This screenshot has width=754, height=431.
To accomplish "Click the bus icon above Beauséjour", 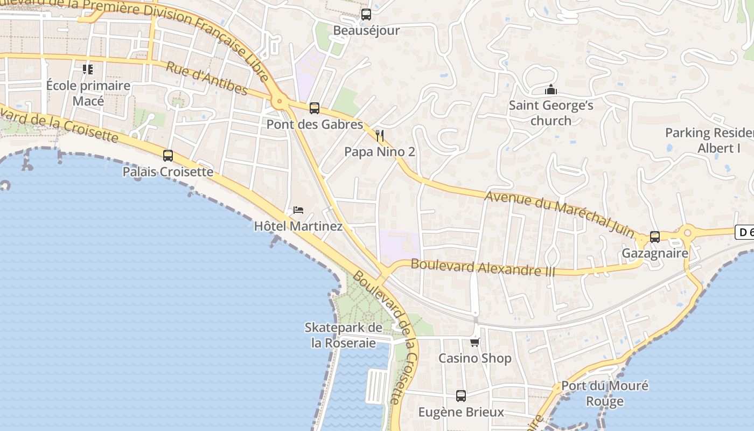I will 366,15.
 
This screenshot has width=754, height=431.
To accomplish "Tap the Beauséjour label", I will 366,31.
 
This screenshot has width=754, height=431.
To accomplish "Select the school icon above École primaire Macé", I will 87,69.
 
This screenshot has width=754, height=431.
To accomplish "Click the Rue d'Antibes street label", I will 206,79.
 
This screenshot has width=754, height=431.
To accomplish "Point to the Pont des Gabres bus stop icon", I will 315,108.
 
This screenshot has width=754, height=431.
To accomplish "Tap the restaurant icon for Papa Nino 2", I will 380,136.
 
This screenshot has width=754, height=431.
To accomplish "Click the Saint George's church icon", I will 550,89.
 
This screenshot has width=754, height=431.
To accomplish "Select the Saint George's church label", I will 551,113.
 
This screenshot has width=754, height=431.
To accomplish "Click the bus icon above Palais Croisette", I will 168,156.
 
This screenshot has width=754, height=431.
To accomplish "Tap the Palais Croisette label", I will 168,172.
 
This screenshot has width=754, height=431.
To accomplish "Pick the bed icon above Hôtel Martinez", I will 298,210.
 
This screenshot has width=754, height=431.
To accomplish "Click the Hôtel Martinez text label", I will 298,226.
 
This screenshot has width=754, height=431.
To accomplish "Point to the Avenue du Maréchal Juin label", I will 560,213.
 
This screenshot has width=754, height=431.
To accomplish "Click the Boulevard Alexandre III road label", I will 483,267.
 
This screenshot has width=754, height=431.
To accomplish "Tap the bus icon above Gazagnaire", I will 655,237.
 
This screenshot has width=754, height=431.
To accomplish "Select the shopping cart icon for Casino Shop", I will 474,342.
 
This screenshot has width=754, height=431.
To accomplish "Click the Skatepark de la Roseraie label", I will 344,335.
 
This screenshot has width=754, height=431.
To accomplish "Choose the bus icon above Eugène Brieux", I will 461,396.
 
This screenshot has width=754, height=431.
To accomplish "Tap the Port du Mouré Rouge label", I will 605,393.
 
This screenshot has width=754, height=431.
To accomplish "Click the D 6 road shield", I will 745,232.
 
